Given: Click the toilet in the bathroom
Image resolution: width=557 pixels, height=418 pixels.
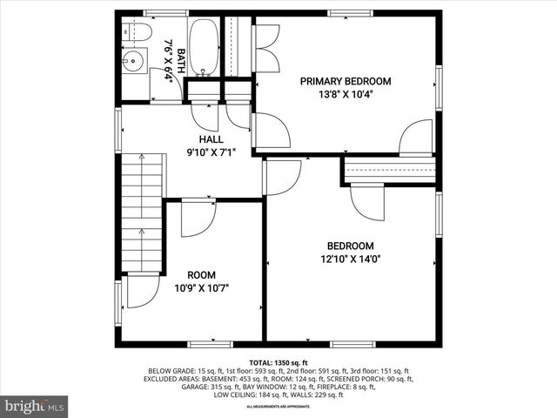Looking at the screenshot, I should pyautogui.click(x=133, y=30).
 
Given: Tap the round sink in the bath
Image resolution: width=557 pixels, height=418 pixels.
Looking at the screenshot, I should pyautogui.click(x=133, y=61).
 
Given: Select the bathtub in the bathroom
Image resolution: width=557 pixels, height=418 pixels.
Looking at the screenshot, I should pyautogui.click(x=205, y=46).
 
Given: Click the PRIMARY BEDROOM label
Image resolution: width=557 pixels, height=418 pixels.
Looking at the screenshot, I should pyautogui.click(x=346, y=81).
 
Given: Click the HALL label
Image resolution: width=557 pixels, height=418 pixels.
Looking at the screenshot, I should pyautogui.click(x=211, y=139).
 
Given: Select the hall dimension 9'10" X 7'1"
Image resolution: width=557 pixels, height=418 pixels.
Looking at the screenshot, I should pyautogui.click(x=211, y=153).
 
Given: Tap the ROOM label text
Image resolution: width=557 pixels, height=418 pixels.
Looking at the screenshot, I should pyautogui.click(x=202, y=274).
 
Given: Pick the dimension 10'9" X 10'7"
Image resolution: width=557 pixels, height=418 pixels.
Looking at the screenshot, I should pyautogui.click(x=202, y=288).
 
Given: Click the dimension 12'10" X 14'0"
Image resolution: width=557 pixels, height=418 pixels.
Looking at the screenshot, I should pyautogui.click(x=351, y=259).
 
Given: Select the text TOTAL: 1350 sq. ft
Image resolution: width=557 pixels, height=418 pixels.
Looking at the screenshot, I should pyautogui.click(x=278, y=362).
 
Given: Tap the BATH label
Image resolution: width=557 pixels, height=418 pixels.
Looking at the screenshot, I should pyautogui.click(x=181, y=59).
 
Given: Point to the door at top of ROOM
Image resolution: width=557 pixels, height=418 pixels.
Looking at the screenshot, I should pyautogui.click(x=198, y=218).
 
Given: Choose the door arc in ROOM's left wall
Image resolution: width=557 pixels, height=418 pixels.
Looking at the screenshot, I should pyautogui.click(x=143, y=291).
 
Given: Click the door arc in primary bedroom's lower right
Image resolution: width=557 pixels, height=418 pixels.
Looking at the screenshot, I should pyautogui.click(x=416, y=138).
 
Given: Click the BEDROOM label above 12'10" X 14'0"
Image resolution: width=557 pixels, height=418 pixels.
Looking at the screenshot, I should pyautogui.click(x=351, y=246).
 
